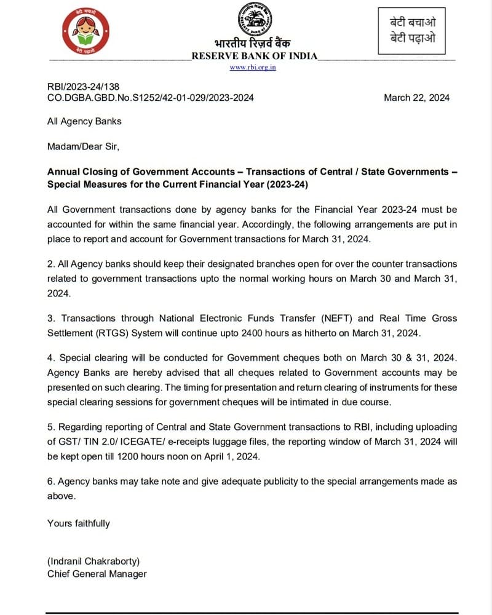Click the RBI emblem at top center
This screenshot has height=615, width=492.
tap(253, 20)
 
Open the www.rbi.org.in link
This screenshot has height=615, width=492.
tap(253, 67)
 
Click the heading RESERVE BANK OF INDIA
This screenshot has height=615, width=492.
tap(255, 56)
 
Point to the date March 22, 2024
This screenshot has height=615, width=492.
tap(416, 98)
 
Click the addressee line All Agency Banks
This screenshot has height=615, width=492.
tap(84, 121)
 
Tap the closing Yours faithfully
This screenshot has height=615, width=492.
tap(79, 523)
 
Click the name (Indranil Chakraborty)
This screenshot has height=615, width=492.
tap(94, 561)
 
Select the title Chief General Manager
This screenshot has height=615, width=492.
tap(97, 574)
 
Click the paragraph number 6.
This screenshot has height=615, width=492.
tap(50, 482)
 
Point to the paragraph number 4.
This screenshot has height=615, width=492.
tap(50, 357)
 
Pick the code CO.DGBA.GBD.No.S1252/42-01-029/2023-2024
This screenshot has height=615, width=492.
tap(151, 98)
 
